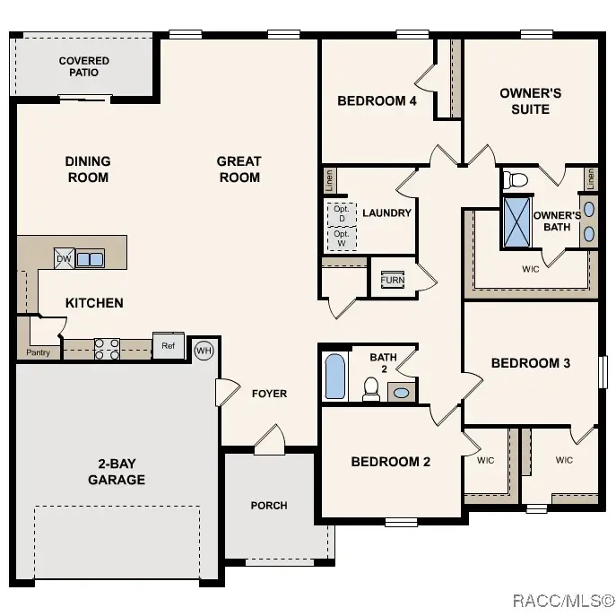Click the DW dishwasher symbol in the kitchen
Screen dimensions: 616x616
pos(64,258)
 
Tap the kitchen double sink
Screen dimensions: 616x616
pos(90,259)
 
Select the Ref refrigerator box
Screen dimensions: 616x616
pos(168,346)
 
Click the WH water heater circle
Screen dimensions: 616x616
pos(204,349)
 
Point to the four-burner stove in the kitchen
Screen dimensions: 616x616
pos(108,349)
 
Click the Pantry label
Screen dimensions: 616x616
pos(39,352)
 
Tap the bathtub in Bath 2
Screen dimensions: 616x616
pos(334,377)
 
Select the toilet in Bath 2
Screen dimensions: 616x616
pos(370,387)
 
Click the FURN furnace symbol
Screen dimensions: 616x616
pos(392,280)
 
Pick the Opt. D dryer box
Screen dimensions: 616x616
pos(341,213)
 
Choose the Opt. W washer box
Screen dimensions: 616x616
pos(341,239)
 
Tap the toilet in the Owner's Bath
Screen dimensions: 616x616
pos(516,180)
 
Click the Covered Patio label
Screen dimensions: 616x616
pos(84,66)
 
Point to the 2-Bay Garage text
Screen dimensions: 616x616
pos(117,472)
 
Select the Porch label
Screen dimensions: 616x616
pos(269,506)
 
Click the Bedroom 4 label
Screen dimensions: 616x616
pos(377,101)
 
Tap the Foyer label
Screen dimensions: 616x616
pos(269,394)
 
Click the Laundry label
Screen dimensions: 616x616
pos(386,213)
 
